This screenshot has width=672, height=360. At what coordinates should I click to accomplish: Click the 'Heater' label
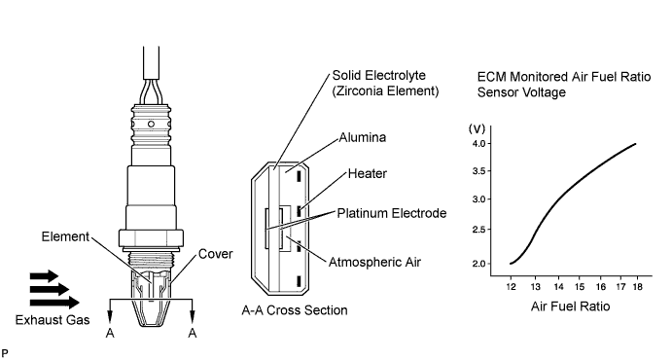(x=368, y=173)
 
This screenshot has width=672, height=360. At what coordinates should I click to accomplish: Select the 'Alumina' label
(x=362, y=137)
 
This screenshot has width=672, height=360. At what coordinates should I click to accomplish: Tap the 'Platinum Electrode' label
(x=392, y=213)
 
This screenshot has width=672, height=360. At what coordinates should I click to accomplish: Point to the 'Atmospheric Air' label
(x=374, y=262)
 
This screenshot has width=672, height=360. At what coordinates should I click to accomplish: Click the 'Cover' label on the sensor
(x=216, y=254)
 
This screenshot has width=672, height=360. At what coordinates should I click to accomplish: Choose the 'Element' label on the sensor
(x=65, y=236)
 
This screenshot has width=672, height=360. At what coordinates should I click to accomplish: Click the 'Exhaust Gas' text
(x=53, y=320)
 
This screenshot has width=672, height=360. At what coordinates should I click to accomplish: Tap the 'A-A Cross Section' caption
(x=295, y=310)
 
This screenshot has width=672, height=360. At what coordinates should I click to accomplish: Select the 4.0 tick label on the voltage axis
(x=478, y=143)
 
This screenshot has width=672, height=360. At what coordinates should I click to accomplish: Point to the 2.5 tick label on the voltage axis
(x=478, y=230)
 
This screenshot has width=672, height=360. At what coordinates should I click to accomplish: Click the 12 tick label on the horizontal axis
(x=511, y=287)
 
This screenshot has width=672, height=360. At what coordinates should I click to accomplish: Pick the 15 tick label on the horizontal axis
(x=580, y=287)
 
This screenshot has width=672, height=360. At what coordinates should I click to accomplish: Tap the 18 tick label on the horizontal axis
(x=637, y=287)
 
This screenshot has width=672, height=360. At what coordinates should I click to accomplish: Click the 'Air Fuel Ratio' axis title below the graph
(x=570, y=306)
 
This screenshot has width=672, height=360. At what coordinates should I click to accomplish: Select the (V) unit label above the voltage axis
(x=477, y=128)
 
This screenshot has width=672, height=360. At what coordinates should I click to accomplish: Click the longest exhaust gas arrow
(x=54, y=303)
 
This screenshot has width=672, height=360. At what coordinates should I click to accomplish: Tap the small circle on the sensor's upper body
(x=151, y=125)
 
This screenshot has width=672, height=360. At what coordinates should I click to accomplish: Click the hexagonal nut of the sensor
(x=151, y=238)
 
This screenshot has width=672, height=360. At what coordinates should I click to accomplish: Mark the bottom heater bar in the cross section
(x=299, y=281)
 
